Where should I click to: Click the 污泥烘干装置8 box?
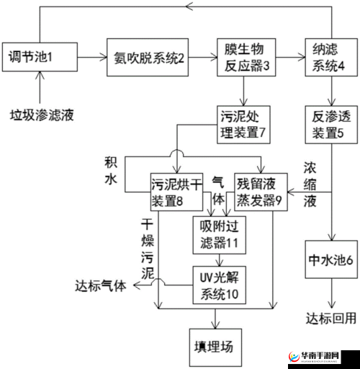point(175,190)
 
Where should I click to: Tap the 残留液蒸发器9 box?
point(260,190)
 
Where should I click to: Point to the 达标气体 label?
point(101,285)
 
